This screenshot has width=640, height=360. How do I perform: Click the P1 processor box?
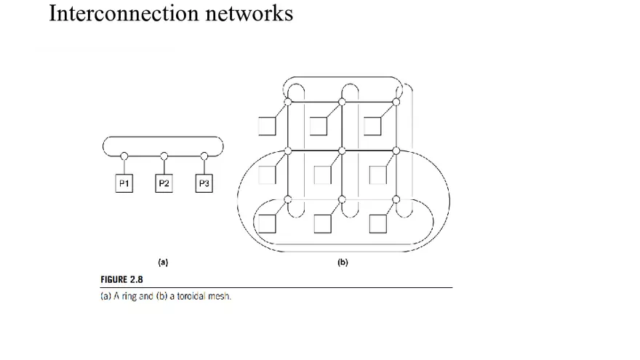pos(124,184)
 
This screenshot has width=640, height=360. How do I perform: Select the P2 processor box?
pos(164,184)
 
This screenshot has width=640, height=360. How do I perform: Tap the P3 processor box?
pos(204,184)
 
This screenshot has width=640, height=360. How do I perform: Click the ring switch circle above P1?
pos(124,155)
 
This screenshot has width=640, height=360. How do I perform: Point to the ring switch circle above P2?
pos(164,155)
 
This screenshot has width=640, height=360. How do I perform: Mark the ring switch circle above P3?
pos(204,155)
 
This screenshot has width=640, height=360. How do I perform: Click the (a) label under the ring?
pos(164,263)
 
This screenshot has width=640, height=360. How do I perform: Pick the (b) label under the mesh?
pos(343,263)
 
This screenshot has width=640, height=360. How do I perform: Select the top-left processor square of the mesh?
pos(267,127)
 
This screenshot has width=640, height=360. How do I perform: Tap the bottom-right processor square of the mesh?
pos(377,223)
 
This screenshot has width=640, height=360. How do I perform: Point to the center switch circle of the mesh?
pos(342,151)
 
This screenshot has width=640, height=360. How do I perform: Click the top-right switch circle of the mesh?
pos(396,101)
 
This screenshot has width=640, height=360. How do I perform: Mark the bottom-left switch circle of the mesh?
pos(288,199)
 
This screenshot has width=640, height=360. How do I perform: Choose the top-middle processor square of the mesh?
pos(320,127)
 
